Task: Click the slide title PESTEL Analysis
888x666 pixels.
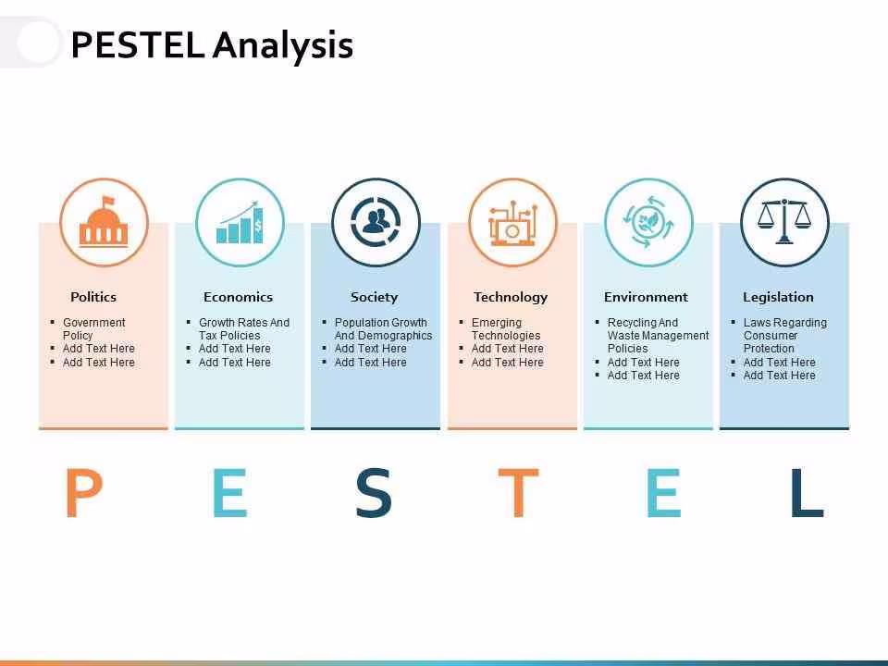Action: [x=212, y=45]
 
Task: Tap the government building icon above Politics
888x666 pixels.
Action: [x=104, y=222]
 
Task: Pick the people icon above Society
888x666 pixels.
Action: [x=376, y=222]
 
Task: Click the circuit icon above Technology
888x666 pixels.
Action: [x=512, y=223]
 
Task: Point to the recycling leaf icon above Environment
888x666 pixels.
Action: [x=648, y=222]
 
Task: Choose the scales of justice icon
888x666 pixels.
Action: [x=784, y=221]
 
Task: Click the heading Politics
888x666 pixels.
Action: [x=93, y=297]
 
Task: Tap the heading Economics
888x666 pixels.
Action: [x=238, y=297]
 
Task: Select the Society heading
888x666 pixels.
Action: [x=374, y=297]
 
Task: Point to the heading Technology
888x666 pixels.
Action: [x=511, y=297]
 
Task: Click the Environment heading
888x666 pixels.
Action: [x=646, y=297]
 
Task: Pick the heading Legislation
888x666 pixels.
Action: [x=778, y=297]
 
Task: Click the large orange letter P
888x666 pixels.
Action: [x=84, y=492]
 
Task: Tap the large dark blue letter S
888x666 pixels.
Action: [x=374, y=492]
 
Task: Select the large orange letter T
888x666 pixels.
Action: [x=518, y=492]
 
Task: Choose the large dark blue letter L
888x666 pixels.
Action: [x=807, y=492]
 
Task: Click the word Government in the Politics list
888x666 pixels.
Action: [x=94, y=322]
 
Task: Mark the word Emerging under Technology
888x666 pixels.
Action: [x=497, y=323]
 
